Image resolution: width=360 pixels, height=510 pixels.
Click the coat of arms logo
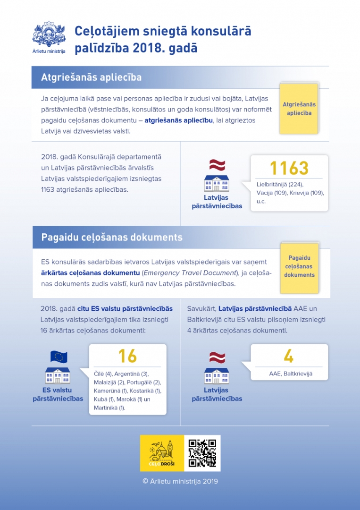[49, 34]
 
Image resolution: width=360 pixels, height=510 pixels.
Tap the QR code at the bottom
[202, 453]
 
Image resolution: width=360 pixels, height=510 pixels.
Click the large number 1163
[289, 168]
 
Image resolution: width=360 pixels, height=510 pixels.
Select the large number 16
[127, 356]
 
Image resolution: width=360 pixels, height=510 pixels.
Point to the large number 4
[289, 356]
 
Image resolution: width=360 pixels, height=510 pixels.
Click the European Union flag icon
[59, 357]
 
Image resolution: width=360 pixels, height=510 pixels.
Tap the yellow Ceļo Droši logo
[162, 453]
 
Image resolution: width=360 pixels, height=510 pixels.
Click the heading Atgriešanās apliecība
[91, 77]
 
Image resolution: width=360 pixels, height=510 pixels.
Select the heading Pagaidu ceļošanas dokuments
[112, 237]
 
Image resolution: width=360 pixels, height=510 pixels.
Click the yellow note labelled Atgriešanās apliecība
[299, 109]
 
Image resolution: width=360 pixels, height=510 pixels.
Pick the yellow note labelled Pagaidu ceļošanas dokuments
[299, 267]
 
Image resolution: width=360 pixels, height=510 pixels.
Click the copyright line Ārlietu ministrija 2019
[180, 482]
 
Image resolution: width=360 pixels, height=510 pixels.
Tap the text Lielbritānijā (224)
[280, 185]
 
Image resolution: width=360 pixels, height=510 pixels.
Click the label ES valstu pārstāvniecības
[58, 394]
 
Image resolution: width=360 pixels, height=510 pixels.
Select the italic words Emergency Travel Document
[190, 273]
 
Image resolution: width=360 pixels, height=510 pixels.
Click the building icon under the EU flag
[58, 375]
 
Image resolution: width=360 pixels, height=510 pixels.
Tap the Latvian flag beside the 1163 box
[217, 165]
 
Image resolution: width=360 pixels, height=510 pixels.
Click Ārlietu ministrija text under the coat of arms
[49, 51]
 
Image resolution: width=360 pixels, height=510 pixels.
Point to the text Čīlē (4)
[102, 374]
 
